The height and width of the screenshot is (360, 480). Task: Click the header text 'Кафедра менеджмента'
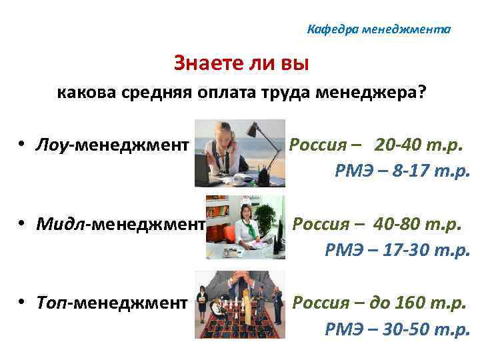click(379, 30)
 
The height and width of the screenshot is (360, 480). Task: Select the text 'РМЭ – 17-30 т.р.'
click(397, 249)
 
